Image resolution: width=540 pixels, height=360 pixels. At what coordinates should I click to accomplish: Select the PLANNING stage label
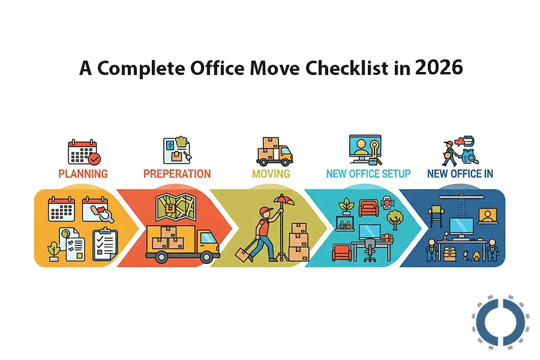(83, 174)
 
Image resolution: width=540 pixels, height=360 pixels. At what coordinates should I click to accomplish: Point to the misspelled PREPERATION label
(177, 174)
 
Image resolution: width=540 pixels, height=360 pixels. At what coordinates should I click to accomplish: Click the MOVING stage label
(271, 174)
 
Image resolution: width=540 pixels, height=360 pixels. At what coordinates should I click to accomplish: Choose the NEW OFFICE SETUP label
(368, 174)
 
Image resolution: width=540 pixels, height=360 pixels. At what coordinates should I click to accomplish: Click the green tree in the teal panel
(395, 217)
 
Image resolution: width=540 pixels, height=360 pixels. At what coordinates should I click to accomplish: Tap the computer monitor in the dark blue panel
(463, 226)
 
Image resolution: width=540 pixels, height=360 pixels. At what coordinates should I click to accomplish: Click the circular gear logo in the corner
(500, 323)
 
